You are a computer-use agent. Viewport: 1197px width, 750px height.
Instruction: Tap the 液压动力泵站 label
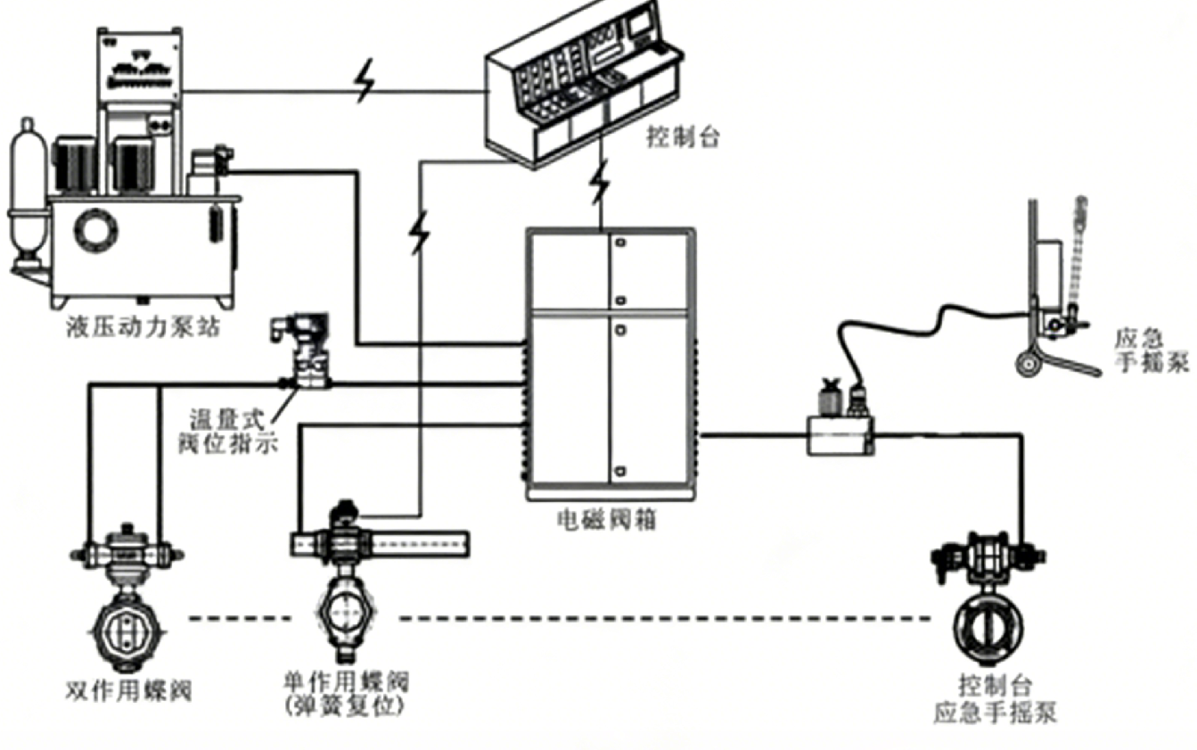(143, 328)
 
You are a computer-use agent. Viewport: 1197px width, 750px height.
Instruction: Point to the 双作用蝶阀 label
(129, 691)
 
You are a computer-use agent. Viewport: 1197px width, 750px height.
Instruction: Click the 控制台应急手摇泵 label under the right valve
(996, 700)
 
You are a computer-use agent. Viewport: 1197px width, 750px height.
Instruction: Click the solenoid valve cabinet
(610, 361)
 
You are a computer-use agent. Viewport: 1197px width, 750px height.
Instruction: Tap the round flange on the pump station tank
(94, 230)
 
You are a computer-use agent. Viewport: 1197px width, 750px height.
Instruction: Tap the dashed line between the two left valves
(241, 618)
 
